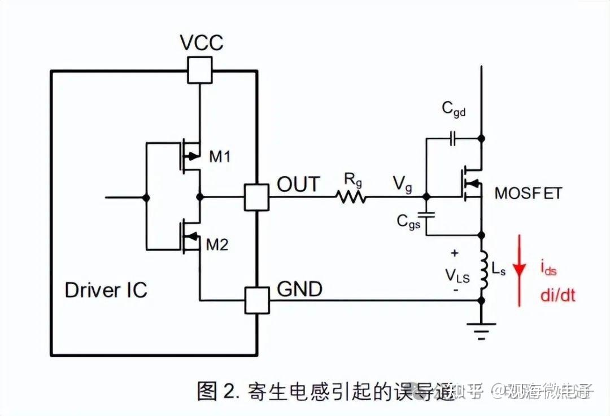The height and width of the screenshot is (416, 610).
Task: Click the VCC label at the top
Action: (x=201, y=43)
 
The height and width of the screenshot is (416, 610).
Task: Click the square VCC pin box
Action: (x=200, y=71)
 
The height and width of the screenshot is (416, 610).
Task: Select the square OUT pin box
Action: (x=257, y=198)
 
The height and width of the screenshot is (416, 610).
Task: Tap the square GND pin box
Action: (x=257, y=300)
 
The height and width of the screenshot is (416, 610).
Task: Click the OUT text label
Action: (x=298, y=185)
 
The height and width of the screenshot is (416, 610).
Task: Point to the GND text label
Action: (x=299, y=289)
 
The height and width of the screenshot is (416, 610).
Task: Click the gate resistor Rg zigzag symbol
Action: (x=351, y=198)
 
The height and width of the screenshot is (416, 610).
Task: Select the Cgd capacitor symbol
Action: (x=452, y=138)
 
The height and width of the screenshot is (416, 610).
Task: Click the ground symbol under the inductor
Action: (x=481, y=330)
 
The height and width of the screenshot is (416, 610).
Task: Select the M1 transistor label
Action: (x=220, y=157)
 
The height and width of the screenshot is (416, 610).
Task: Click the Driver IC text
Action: (x=106, y=290)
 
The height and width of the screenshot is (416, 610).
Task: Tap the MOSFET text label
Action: (x=528, y=193)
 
